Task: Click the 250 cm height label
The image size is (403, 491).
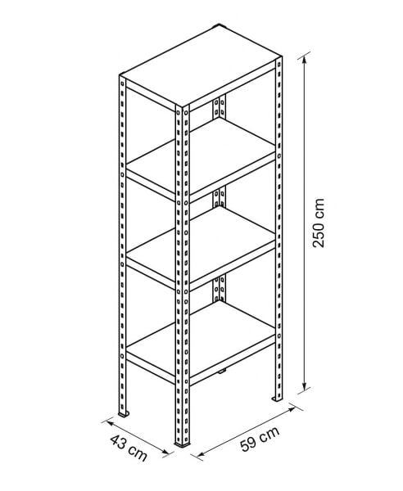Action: coord(319,223)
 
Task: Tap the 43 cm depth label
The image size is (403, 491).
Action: coord(129,447)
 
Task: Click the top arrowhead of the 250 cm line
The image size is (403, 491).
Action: coord(303,61)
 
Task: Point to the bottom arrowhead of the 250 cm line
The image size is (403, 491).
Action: coord(303,386)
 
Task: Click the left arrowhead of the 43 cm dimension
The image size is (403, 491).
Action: coord(110,423)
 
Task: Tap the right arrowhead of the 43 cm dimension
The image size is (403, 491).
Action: coord(165,451)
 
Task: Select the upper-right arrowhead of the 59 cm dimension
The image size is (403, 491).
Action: coord(292,408)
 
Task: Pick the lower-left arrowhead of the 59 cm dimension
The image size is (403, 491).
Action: coord(200,453)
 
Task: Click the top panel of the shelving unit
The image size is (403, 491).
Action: coord(201,65)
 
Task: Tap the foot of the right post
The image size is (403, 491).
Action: coord(277,399)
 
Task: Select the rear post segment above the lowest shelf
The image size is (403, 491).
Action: coord(219,288)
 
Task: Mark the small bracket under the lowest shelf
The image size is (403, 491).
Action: coord(222,372)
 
